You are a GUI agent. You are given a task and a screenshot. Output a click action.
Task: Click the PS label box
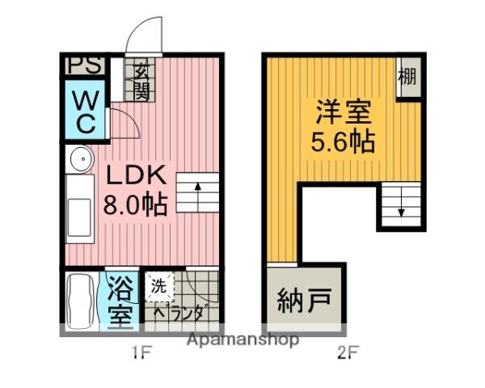[83, 65]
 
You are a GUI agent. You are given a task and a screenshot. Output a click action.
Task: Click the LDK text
[133, 175]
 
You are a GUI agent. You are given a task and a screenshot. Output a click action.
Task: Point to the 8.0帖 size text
[134, 204]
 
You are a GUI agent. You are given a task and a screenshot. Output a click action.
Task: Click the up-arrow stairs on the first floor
[198, 192]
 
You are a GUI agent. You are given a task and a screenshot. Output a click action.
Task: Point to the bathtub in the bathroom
[80, 300]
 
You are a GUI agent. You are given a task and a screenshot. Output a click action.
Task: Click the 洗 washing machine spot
[159, 285]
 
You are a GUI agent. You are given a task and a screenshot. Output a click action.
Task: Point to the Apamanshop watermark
[242, 339]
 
